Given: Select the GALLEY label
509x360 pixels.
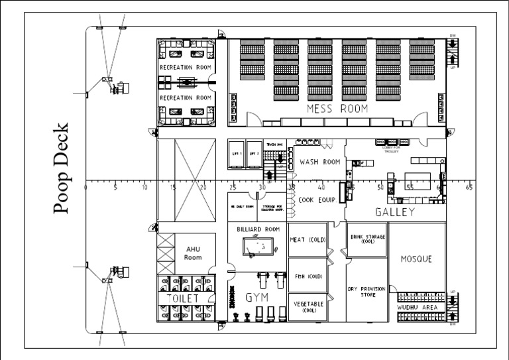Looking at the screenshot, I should coord(395,212).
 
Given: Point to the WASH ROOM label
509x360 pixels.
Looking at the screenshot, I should coord(320,162).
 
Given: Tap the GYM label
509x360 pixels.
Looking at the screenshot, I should coord(257,298).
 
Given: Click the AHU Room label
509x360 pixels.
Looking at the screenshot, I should coord(192,253).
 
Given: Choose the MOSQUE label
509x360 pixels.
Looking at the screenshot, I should coord(416,259).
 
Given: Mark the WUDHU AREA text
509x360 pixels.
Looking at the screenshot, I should coord(416,308).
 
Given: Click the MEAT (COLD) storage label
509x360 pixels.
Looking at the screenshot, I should coord(308,240).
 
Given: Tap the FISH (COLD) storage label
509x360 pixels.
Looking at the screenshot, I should coord(308,276).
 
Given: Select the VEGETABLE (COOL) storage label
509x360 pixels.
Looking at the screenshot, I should coord(308,306).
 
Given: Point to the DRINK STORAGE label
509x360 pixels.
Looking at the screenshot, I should coord(367,239).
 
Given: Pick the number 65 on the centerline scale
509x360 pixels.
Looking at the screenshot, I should coord(469,188).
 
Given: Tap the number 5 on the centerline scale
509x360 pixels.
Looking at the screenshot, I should coord(115,188).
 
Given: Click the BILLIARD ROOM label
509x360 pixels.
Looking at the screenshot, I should coord(258,229).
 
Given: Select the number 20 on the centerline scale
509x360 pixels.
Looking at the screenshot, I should coord(203,188).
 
